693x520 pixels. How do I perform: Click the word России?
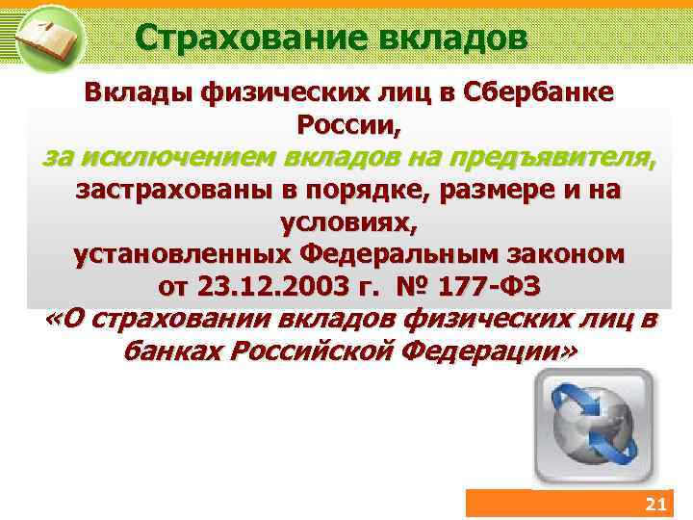(346, 124)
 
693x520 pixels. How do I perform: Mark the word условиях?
(347, 222)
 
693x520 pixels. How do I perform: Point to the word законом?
(562, 255)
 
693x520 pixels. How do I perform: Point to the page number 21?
(654, 506)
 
